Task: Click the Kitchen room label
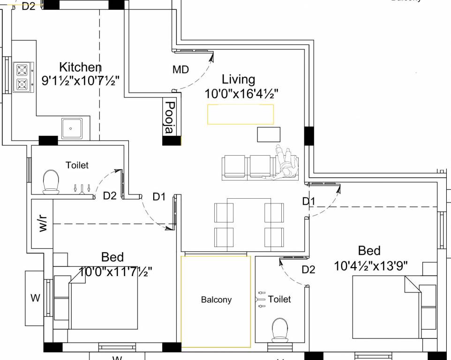coord(80,67)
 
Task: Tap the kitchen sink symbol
coord(71,127)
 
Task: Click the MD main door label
coord(180,70)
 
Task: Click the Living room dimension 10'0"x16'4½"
coord(241,94)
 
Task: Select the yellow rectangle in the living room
coord(241,114)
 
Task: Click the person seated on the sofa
coord(286,162)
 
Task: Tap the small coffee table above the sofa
coord(269,134)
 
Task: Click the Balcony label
coord(216,300)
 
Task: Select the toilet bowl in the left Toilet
coord(51,181)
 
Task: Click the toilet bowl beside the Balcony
coord(280,329)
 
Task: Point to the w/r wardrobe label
coord(43,224)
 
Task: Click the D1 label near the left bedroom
coord(159,197)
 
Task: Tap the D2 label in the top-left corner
coord(29,7)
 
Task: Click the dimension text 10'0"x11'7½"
coord(115,271)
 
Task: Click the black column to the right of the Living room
coord(309,135)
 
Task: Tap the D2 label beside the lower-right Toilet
coord(308,270)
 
